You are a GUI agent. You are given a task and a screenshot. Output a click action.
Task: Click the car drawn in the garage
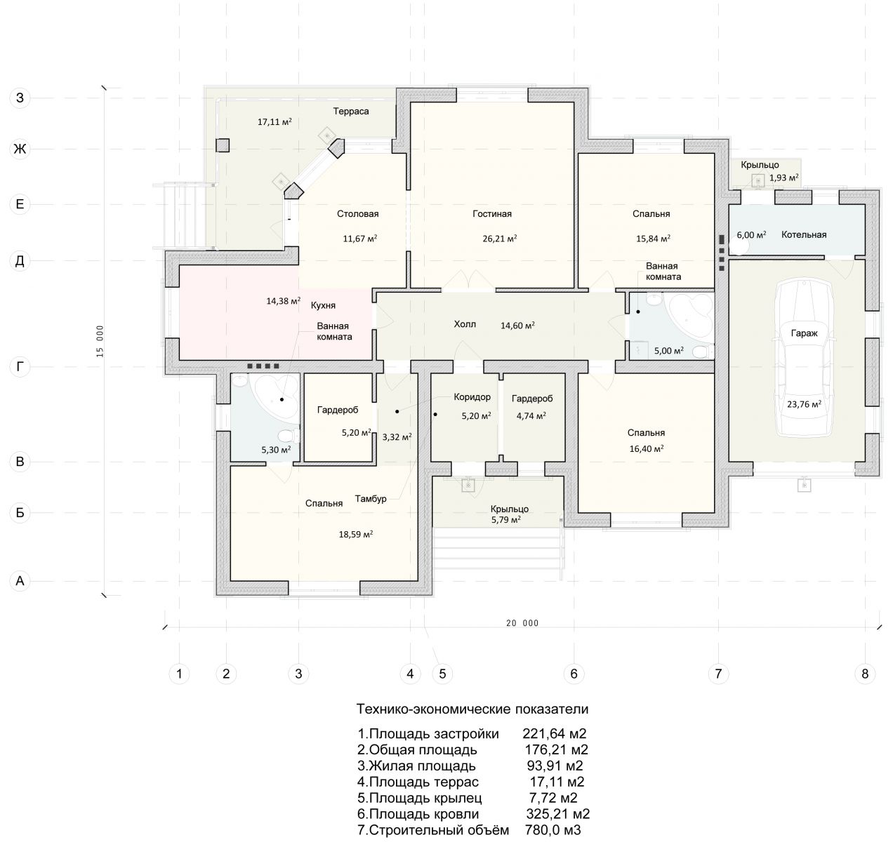804,358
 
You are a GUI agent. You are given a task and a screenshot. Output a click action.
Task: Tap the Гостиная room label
492,214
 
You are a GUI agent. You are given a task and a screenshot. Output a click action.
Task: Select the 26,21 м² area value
500,239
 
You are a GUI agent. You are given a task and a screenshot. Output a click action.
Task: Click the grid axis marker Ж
20,149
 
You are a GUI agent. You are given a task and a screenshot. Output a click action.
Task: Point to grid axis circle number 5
442,674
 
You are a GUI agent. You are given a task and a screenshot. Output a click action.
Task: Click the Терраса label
351,112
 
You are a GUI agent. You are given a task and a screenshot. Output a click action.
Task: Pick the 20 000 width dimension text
522,623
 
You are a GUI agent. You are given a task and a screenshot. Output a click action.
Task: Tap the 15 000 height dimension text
100,342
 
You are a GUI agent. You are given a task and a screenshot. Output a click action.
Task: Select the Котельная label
804,234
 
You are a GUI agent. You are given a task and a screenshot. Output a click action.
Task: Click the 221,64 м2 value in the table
555,734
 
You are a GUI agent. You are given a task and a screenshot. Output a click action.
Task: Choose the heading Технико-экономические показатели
472,709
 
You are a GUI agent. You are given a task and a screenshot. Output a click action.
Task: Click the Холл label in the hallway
465,325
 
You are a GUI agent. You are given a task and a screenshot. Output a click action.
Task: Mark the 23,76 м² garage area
804,404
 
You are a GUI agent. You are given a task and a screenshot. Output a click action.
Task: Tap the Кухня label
323,306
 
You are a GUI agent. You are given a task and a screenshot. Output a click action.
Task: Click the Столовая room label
357,214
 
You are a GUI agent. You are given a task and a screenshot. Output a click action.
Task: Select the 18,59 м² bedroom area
356,535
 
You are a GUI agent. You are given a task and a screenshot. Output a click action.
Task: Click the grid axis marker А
20,581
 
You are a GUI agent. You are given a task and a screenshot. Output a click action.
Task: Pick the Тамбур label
371,499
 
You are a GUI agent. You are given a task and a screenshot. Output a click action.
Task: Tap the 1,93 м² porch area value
783,178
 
